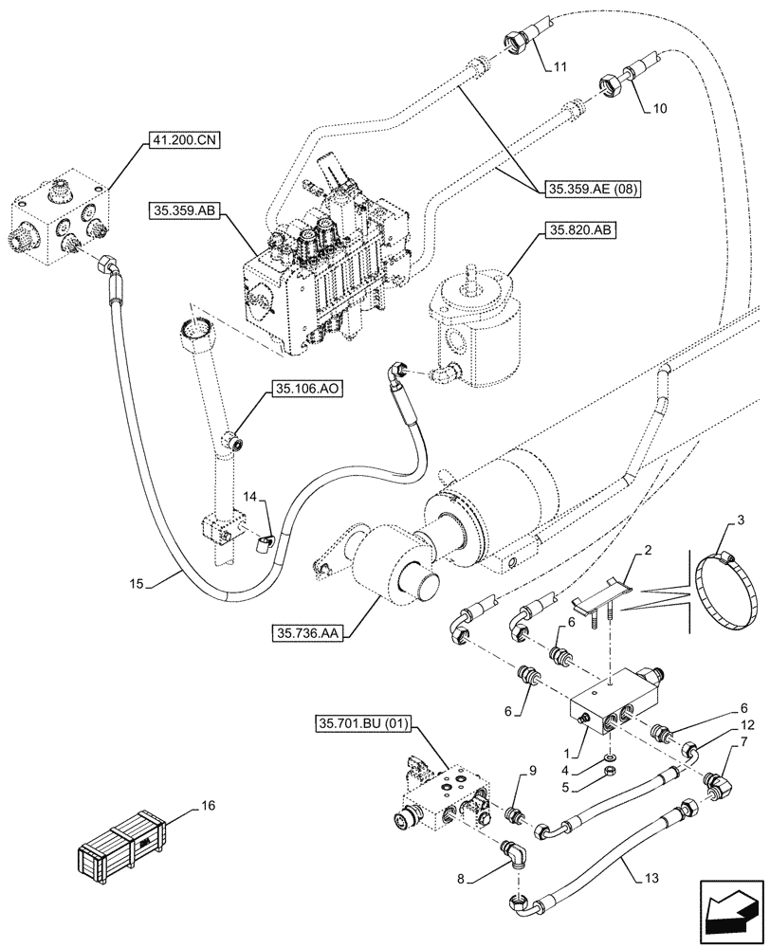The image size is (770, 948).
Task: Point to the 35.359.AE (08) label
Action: (594, 190)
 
